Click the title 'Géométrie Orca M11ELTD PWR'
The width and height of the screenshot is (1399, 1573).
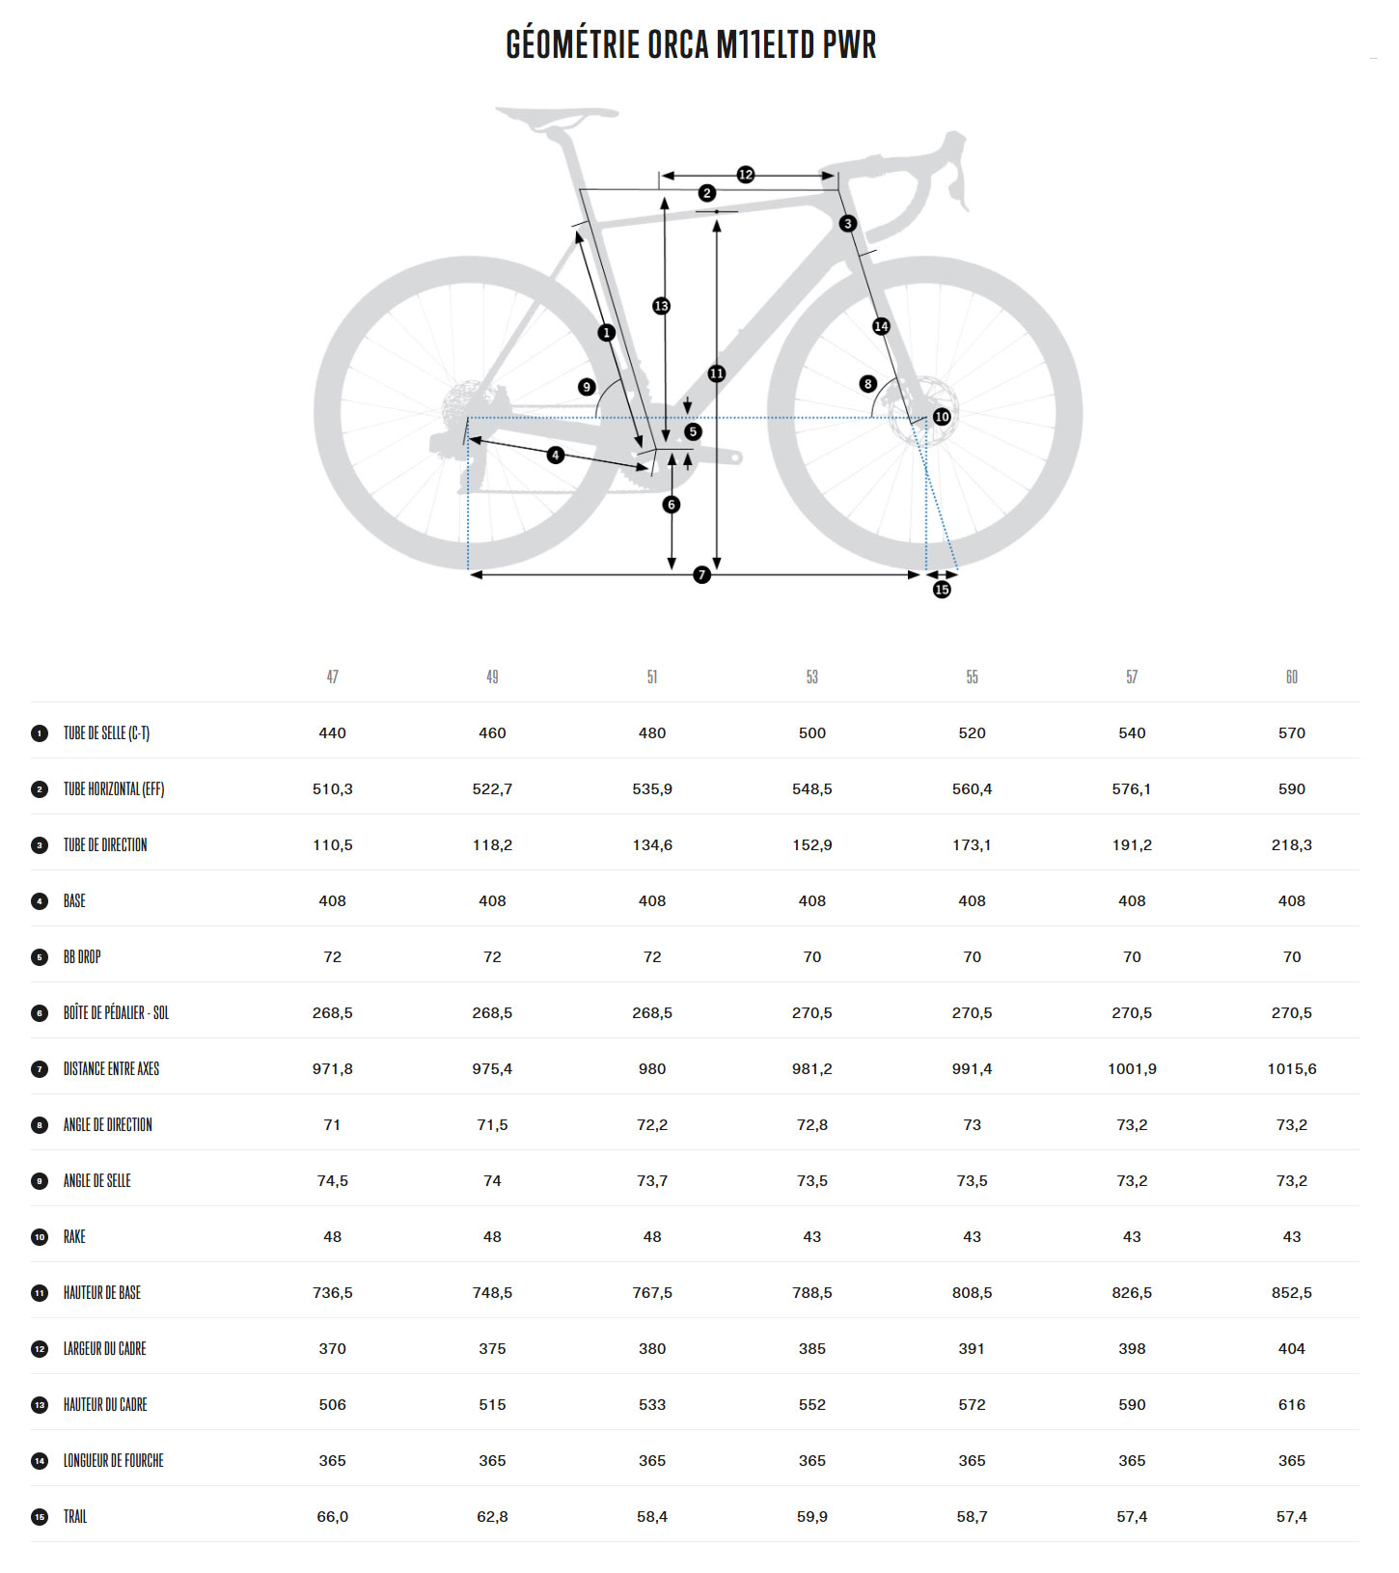click(691, 44)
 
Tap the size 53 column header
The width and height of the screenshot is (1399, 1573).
click(811, 677)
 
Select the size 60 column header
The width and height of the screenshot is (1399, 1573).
click(1291, 677)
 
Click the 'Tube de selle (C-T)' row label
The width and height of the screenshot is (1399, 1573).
click(106, 733)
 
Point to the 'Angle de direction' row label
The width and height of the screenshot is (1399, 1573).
click(107, 1125)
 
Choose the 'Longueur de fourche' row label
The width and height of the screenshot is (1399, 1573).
click(113, 1461)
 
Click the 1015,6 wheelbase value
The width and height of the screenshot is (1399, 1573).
click(1291, 1069)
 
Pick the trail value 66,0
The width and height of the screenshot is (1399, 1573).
click(332, 1517)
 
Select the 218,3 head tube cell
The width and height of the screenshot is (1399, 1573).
click(1291, 845)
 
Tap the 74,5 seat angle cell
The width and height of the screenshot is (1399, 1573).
click(332, 1181)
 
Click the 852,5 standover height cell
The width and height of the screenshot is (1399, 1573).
click(1291, 1293)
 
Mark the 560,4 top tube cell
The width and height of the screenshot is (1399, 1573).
click(972, 789)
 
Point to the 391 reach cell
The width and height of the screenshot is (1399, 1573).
click(972, 1349)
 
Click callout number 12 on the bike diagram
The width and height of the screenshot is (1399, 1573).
click(745, 175)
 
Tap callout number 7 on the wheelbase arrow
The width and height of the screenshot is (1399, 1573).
click(701, 575)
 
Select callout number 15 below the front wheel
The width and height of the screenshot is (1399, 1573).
click(942, 590)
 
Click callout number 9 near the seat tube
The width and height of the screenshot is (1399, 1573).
click(587, 387)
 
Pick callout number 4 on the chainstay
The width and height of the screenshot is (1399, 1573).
click(555, 455)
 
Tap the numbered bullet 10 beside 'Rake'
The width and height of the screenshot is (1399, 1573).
click(40, 1237)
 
